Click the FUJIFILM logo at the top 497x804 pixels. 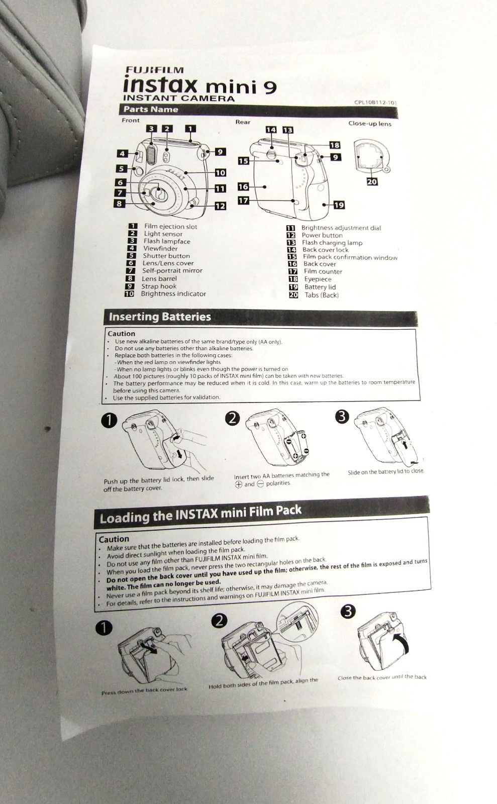154,70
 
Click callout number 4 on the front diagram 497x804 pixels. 123,154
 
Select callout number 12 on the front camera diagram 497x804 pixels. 220,206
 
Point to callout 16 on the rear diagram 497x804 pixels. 243,186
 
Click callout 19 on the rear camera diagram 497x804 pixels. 339,205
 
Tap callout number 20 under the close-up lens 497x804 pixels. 372,181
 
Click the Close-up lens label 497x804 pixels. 369,124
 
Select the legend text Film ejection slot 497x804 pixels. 170,227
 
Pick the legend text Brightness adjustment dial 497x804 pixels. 341,228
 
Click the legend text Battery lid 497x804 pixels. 320,287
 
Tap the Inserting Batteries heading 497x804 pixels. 160,317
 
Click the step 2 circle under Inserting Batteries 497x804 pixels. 232,418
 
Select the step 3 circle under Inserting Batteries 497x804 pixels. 342,416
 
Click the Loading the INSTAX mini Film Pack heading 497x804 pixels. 201,515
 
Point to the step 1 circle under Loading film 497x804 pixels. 104,628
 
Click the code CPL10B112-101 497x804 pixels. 375,103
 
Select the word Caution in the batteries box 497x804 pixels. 121,334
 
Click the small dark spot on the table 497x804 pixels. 48,429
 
